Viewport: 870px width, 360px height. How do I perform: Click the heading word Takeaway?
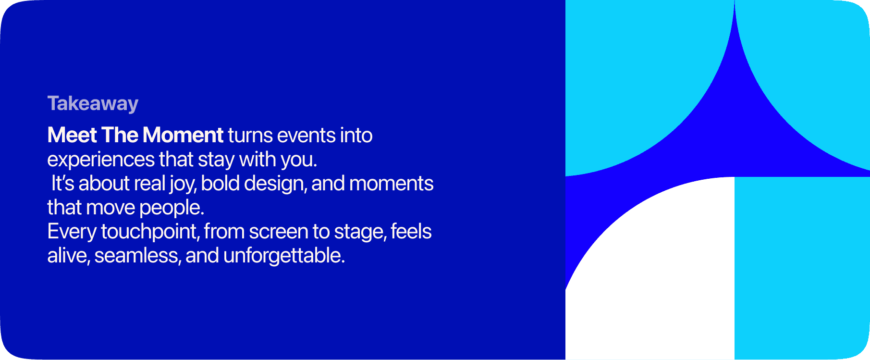pyautogui.click(x=93, y=104)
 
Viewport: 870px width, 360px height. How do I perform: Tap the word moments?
pyautogui.click(x=391, y=184)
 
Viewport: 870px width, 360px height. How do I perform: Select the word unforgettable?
pyautogui.click(x=284, y=255)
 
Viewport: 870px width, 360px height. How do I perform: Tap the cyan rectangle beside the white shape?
pyautogui.click(x=802, y=268)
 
